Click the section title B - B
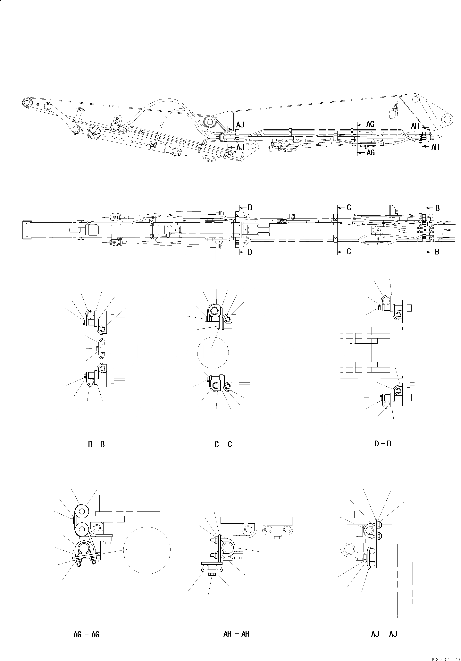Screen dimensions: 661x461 coord(96,444)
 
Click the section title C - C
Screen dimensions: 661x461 coord(223,444)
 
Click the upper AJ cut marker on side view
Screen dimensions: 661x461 coord(240,125)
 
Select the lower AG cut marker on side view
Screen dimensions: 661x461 coord(370,153)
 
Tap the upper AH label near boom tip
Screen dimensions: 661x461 coord(415,126)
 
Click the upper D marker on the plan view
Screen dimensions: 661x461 coord(250,208)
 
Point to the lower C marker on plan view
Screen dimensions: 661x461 coord(348,252)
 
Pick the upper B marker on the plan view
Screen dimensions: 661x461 coord(437,208)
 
